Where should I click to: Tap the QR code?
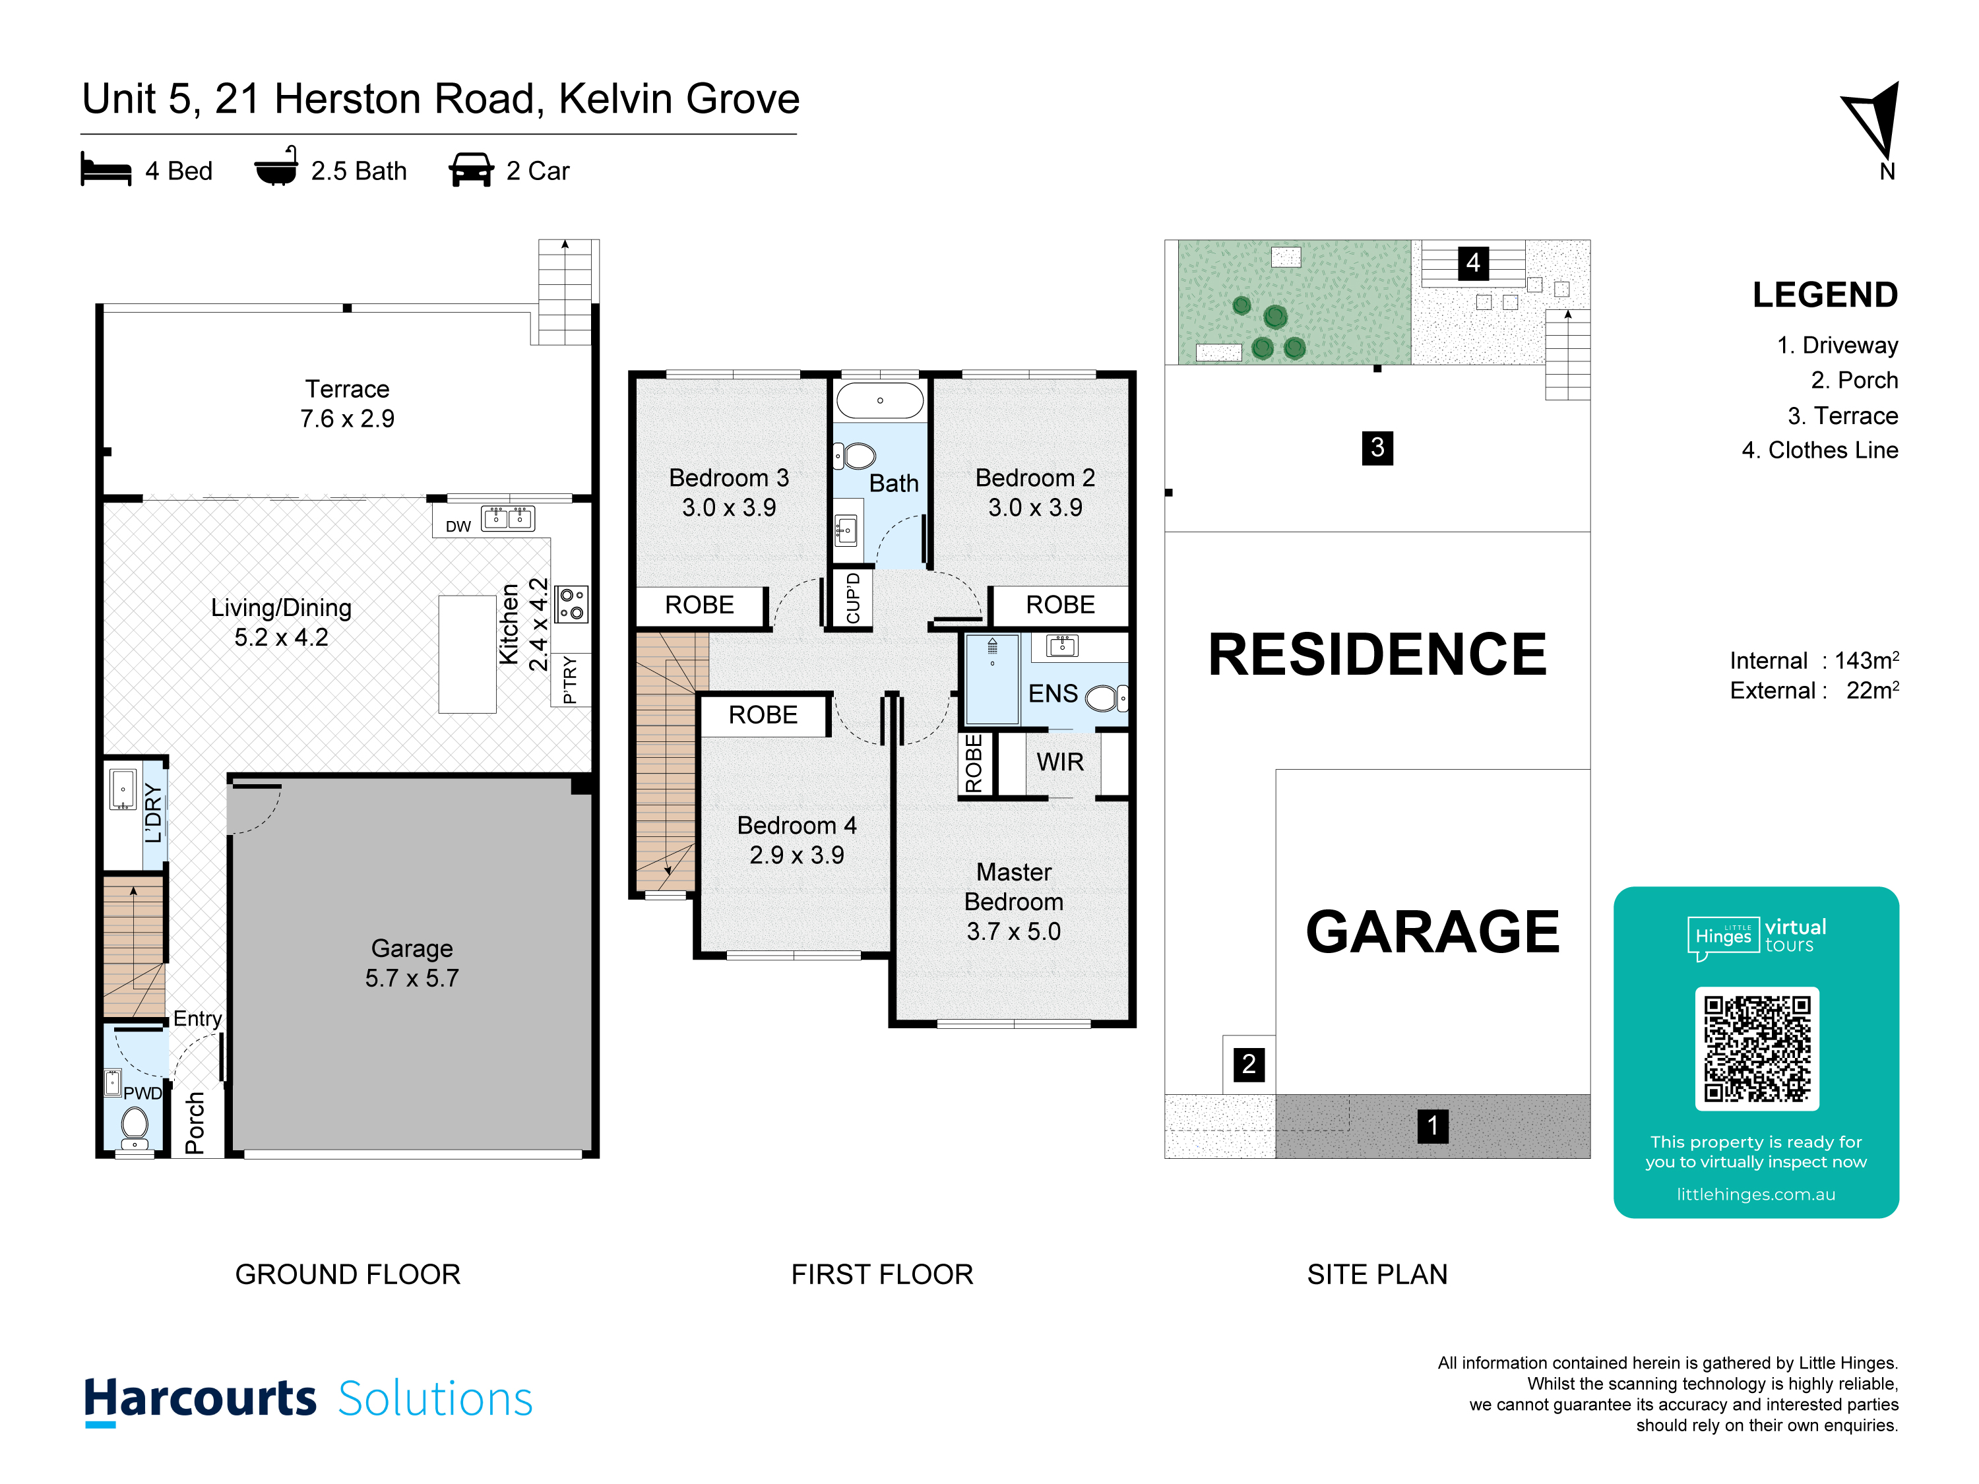[x=1757, y=1049]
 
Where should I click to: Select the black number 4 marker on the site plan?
[x=1472, y=263]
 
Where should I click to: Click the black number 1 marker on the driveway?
[x=1432, y=1125]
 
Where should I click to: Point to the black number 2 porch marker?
[x=1248, y=1065]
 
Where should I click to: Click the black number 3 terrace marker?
[x=1377, y=447]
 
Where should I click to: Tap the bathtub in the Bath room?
[x=879, y=401]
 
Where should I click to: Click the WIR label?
[x=1060, y=762]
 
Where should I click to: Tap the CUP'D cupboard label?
[x=852, y=598]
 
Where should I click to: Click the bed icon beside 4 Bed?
[x=106, y=168]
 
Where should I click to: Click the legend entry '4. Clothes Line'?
[x=1820, y=450]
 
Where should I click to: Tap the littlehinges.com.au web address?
[x=1755, y=1194]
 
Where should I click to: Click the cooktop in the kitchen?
[x=571, y=603]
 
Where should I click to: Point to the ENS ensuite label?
[x=1053, y=693]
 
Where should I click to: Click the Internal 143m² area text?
[x=1814, y=660]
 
